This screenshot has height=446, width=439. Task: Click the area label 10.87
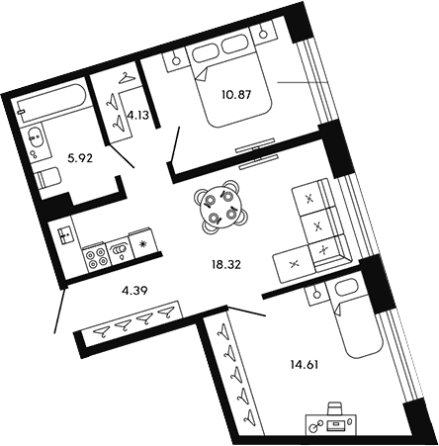point(236,95)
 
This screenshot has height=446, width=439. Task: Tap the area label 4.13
point(137,116)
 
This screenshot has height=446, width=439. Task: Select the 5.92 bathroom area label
point(79,159)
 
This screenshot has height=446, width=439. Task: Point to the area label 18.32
point(226,264)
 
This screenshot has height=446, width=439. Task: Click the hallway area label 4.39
point(134,291)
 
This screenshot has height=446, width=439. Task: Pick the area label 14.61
point(305,365)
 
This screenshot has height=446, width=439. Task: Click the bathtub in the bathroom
point(51,99)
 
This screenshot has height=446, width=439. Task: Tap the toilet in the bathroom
point(48,178)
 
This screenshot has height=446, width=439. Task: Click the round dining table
point(220,208)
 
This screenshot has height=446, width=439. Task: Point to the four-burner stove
point(95,259)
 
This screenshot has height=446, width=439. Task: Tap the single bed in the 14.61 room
point(353,318)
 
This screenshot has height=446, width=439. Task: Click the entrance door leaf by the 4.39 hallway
point(60,310)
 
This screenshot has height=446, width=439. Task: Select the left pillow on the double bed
point(205,52)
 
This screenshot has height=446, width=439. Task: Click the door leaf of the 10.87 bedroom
point(174,144)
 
